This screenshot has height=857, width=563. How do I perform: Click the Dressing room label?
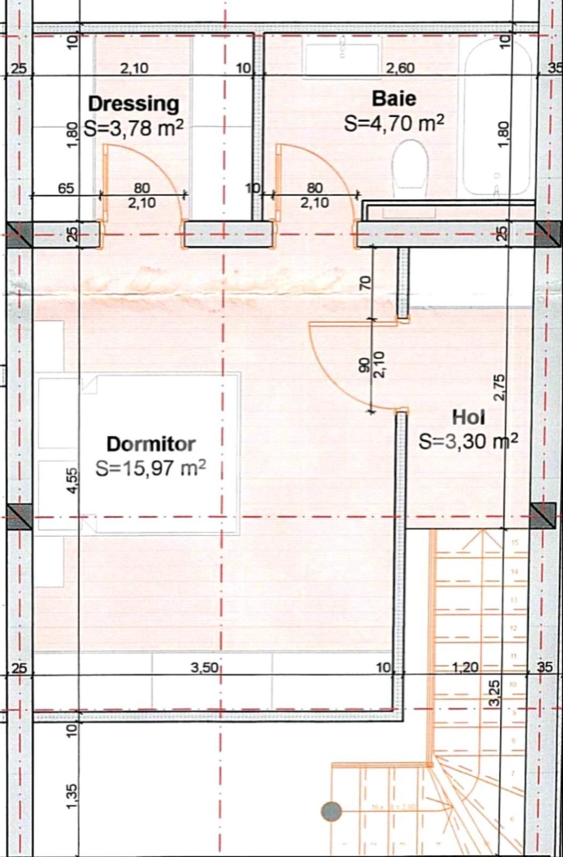point(133,103)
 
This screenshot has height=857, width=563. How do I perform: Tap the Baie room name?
point(394,99)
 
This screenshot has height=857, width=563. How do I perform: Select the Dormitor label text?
point(151,444)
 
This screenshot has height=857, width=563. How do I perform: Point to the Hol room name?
point(469,417)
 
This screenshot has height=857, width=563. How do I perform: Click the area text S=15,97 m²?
point(151,468)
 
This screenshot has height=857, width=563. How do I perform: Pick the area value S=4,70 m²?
point(394,124)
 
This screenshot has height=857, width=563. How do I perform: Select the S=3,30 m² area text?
point(468,441)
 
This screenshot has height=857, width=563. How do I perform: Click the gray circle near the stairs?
point(332,811)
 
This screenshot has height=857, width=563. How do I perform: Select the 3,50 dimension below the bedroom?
point(204,667)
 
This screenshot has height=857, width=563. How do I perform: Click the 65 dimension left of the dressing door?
point(66,189)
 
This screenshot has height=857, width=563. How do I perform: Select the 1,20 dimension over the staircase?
point(465,667)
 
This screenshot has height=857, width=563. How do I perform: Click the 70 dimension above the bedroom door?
point(365,283)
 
